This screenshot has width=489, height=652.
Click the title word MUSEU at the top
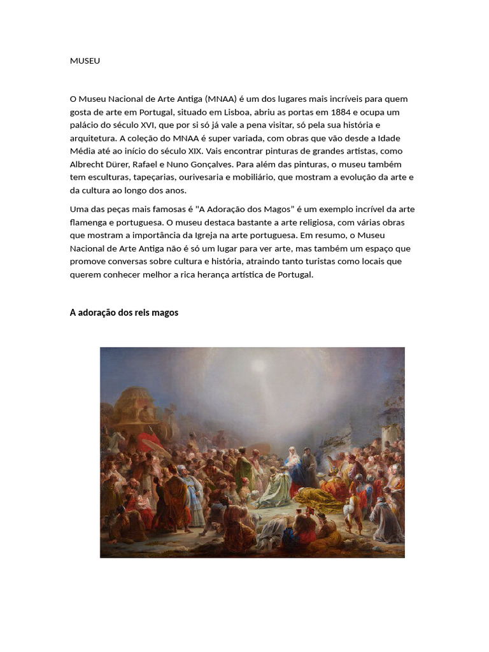click(x=85, y=61)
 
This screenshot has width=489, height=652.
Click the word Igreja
click(x=213, y=236)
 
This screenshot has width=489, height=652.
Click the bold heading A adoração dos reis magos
click(x=124, y=313)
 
